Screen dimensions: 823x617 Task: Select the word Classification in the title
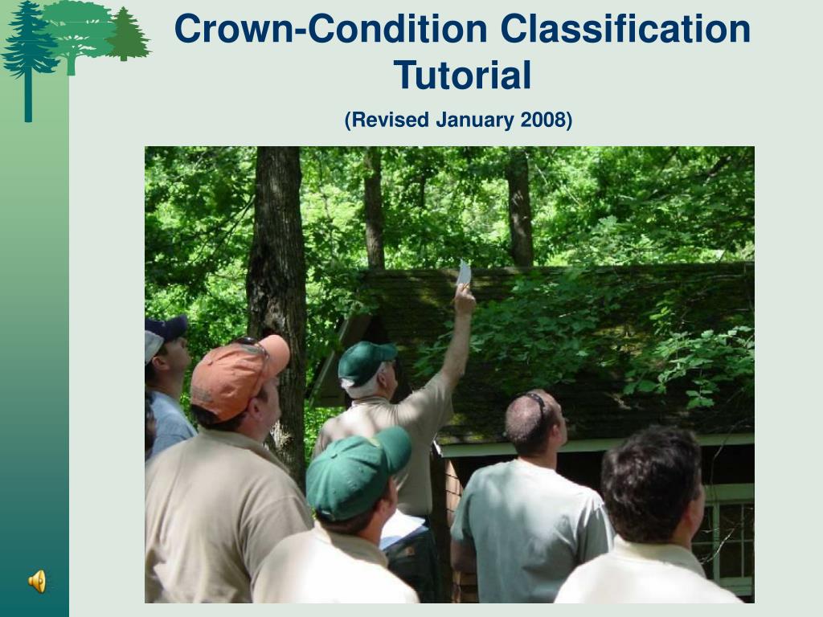[625, 29]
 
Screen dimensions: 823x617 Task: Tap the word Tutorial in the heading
[462, 75]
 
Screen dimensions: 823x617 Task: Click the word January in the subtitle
[474, 121]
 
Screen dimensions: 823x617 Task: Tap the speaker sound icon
[37, 582]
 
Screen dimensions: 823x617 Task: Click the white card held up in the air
[464, 273]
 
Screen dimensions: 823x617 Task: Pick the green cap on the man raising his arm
[366, 362]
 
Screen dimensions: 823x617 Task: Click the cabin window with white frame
[730, 541]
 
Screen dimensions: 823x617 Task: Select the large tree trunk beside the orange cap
[277, 294]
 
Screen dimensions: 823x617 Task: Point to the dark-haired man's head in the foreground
[653, 484]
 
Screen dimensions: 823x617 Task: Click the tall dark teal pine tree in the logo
[28, 58]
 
